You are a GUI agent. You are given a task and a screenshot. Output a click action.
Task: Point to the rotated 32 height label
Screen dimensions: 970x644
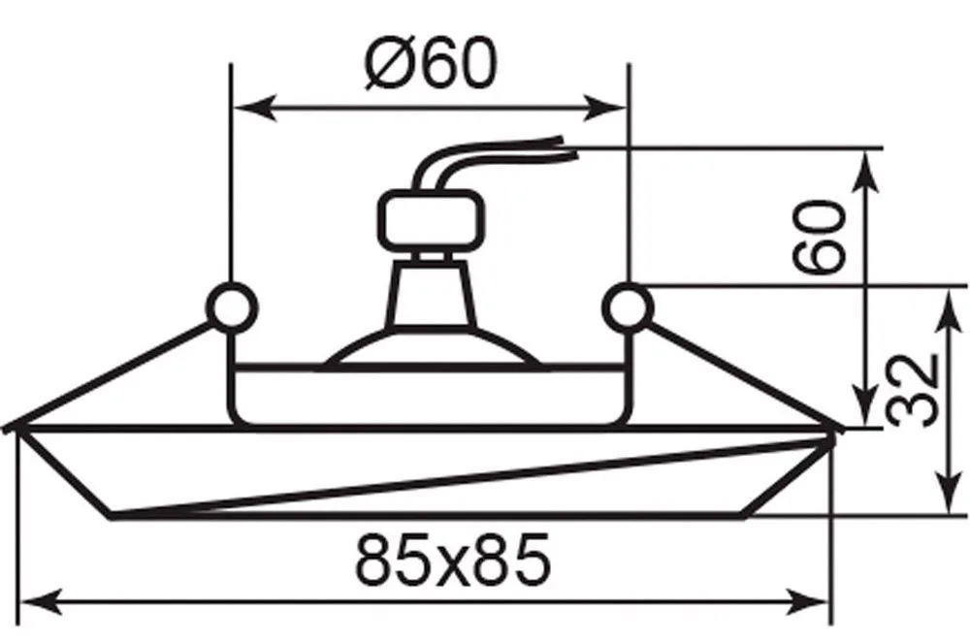(x=913, y=390)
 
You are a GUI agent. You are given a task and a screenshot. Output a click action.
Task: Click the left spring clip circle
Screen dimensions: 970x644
(x=232, y=307)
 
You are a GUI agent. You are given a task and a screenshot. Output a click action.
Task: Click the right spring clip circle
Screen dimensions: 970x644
(x=628, y=307)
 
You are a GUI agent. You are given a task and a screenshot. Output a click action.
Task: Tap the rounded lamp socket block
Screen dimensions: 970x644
(x=430, y=220)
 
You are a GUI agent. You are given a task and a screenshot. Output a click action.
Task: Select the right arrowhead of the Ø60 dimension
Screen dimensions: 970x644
(x=605, y=109)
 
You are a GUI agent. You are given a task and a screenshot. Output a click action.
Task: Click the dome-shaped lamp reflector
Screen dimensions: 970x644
(x=432, y=349)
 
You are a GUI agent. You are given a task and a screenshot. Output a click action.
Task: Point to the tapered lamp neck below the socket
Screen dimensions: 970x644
(x=431, y=293)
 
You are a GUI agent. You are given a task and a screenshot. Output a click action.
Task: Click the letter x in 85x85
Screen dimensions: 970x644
(x=453, y=566)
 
